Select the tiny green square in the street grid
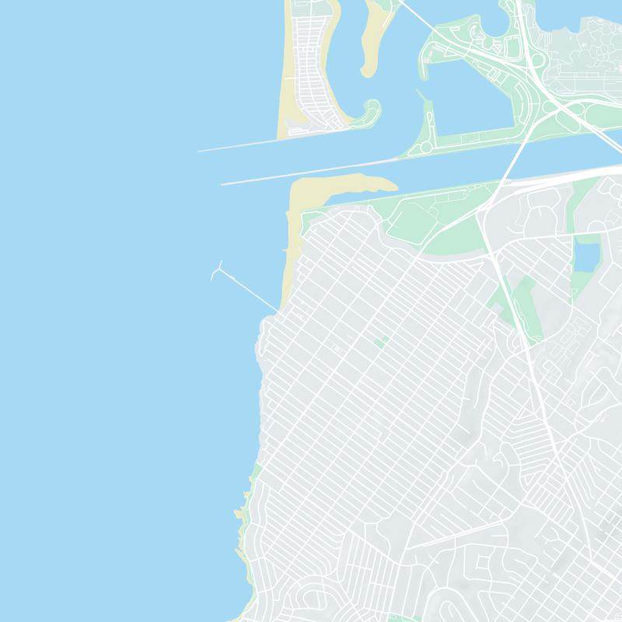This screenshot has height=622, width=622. [x=380, y=341]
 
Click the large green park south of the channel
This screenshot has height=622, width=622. [x=435, y=222]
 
